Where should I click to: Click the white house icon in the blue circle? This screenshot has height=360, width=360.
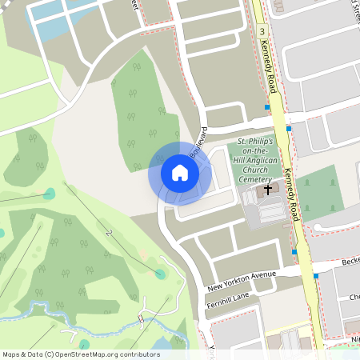179,173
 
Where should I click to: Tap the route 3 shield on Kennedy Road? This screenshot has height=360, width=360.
262,30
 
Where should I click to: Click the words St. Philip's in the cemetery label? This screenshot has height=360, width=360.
254,142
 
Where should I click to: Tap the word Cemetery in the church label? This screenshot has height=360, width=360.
254,180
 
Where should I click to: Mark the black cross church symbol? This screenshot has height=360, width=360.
266,190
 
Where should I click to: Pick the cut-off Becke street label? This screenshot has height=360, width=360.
349,262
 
